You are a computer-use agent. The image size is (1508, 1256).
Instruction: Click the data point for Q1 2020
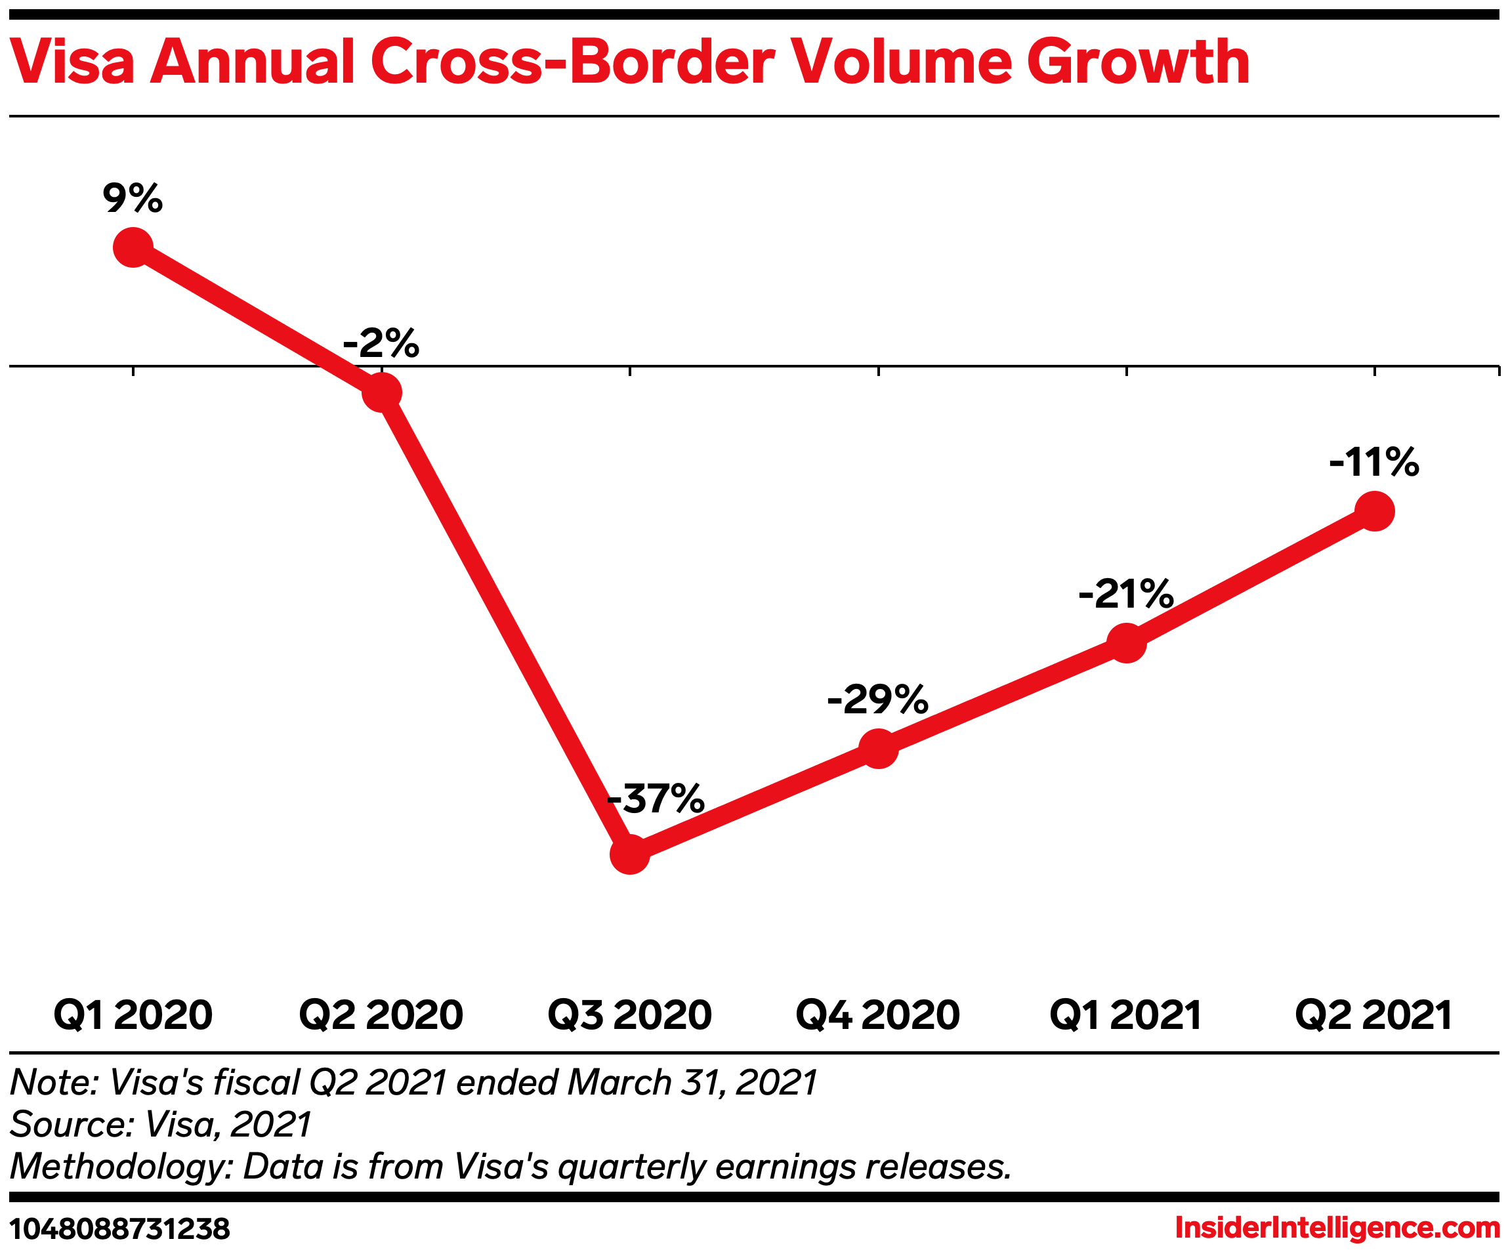pyautogui.click(x=133, y=247)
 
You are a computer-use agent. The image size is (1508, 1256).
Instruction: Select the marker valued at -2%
pyautogui.click(x=381, y=392)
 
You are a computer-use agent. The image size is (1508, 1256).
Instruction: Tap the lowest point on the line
pyautogui.click(x=630, y=854)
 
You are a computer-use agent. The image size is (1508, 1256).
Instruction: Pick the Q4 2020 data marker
pyautogui.click(x=878, y=748)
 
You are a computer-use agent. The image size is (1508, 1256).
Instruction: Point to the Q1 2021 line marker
pyautogui.click(x=1126, y=642)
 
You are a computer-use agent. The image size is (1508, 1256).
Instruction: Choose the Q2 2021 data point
pyautogui.click(x=1374, y=511)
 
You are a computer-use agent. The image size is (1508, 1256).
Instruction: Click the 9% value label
pyautogui.click(x=133, y=198)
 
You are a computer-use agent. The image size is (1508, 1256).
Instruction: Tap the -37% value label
pyautogui.click(x=656, y=798)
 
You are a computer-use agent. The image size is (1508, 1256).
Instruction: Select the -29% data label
pyautogui.click(x=877, y=699)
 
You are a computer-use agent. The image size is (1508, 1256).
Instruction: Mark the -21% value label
pyautogui.click(x=1125, y=593)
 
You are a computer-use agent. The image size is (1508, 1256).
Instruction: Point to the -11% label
pyautogui.click(x=1373, y=462)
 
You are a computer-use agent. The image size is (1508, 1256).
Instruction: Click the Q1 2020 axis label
pyautogui.click(x=133, y=1015)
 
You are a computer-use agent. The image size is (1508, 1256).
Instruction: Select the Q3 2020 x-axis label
pyautogui.click(x=630, y=1015)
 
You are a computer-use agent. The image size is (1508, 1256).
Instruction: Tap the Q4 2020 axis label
pyautogui.click(x=877, y=1015)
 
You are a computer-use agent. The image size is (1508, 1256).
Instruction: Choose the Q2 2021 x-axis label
pyautogui.click(x=1373, y=1015)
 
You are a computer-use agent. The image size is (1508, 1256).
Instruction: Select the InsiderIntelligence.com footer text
pyautogui.click(x=1337, y=1228)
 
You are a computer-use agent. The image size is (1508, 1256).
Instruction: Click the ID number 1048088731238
pyautogui.click(x=120, y=1230)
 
